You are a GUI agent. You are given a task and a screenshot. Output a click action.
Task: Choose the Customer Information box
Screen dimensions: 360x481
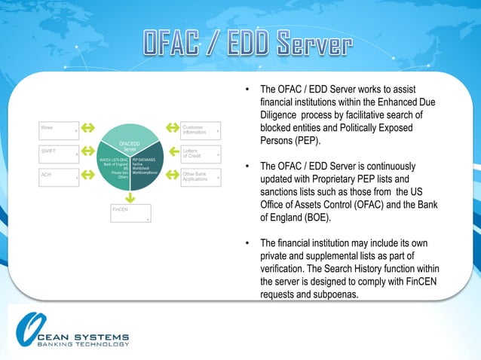(201, 130)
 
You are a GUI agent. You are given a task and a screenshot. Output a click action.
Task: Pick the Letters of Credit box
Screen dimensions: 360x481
(201, 154)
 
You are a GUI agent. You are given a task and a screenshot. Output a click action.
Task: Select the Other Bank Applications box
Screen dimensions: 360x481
(201, 178)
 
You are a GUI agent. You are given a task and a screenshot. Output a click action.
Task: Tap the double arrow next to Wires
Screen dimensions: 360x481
(87, 128)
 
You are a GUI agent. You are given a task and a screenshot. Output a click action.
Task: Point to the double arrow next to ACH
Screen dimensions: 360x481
(87, 175)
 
